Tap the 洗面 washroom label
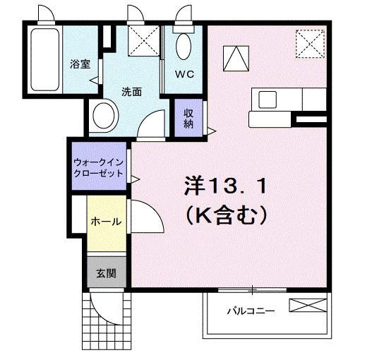[132, 91]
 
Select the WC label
[185, 72]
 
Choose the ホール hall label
[106, 221]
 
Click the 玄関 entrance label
[107, 272]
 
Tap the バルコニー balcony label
[251, 311]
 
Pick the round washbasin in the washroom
[106, 115]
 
